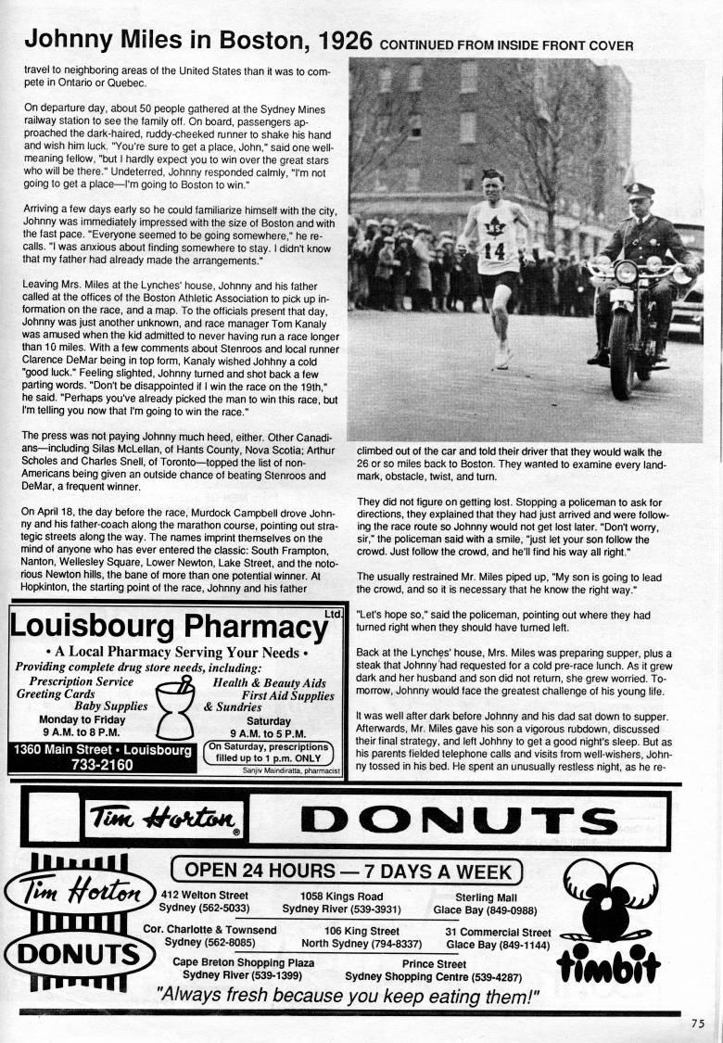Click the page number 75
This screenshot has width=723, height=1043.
click(697, 1024)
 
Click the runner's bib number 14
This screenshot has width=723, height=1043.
click(494, 250)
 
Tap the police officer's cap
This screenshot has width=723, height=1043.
click(639, 191)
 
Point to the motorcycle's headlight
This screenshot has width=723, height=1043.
click(625, 273)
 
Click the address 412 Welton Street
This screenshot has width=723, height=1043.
click(205, 896)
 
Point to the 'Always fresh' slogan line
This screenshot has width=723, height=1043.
click(347, 996)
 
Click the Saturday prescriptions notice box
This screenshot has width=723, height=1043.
click(269, 750)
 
